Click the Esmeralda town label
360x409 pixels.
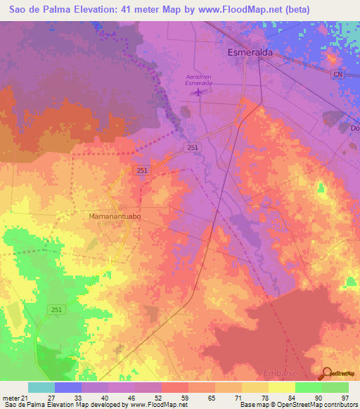250,52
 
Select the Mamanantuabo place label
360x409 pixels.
116,217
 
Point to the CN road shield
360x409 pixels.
337,73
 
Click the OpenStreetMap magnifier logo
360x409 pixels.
326,373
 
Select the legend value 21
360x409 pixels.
27,397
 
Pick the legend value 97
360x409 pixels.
345,397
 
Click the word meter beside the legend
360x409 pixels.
11,397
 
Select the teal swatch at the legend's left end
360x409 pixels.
41,387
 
